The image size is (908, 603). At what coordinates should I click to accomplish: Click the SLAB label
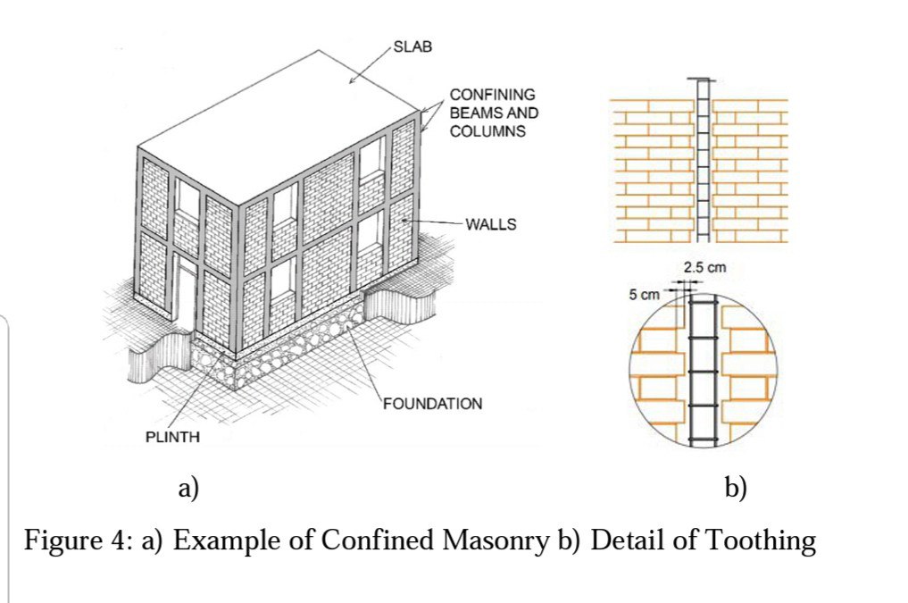click(412, 46)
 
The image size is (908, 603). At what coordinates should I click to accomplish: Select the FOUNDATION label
click(433, 404)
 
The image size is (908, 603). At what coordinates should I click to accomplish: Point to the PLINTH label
click(173, 438)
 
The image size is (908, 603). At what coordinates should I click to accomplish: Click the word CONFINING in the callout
click(492, 94)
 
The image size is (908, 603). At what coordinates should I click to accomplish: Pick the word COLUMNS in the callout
click(487, 131)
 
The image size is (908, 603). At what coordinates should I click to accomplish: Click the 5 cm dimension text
click(644, 294)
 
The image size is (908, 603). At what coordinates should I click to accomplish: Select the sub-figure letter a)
click(187, 488)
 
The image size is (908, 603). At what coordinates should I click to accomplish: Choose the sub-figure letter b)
click(736, 488)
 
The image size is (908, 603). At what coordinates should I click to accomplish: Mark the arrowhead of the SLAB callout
click(352, 82)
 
